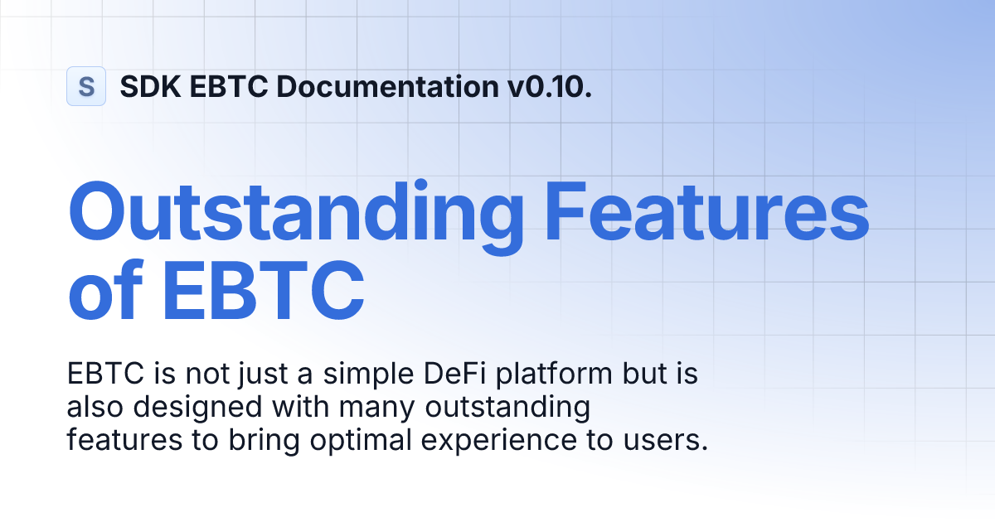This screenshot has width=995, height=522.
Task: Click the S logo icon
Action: coord(86,86)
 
